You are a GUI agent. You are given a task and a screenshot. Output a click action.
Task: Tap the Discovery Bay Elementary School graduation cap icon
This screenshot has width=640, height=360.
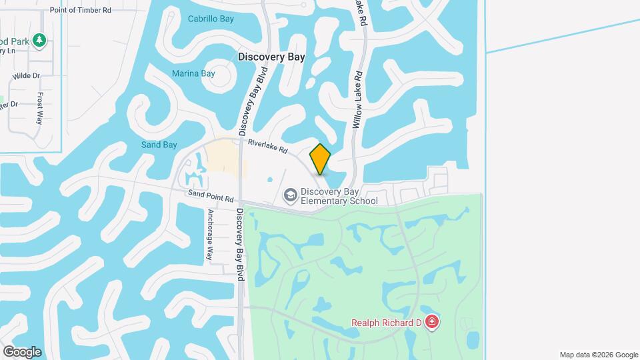coord(290,195)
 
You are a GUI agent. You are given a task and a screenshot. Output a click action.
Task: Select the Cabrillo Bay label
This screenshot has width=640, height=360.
coord(211,19)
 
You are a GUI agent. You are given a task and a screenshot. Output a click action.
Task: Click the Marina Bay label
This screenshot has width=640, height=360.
coord(193,73)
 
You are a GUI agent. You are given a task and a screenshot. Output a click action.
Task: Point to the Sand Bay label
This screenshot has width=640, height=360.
coord(159,145)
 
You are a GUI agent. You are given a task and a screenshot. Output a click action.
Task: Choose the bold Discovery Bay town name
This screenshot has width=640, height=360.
coord(271,57)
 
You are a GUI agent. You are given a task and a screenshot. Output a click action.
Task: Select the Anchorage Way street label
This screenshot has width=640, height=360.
coord(209,235)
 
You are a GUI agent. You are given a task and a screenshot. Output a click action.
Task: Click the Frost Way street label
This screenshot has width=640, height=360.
coord(39,108)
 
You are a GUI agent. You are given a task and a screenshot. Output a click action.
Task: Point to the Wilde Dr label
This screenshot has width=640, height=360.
coord(27,76)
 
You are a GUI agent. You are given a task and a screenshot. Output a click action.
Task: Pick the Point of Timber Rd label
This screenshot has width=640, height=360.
coord(80,11)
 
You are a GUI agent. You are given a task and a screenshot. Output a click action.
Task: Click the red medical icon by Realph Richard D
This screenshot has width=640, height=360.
coord(432,323)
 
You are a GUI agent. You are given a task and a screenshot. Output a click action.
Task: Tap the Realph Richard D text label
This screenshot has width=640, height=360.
coord(387,323)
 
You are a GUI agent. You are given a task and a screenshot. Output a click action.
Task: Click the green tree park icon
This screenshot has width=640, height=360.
coord(39,41)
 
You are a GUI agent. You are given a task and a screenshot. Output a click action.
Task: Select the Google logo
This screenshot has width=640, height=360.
coord(22,351)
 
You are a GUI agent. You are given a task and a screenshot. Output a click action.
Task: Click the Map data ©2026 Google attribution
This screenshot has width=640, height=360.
coord(599,355)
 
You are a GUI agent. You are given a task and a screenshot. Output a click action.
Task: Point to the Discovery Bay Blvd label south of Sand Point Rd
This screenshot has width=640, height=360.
coord(240,243)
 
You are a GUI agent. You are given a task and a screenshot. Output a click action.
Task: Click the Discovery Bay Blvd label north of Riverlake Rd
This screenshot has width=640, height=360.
coord(253,100)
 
